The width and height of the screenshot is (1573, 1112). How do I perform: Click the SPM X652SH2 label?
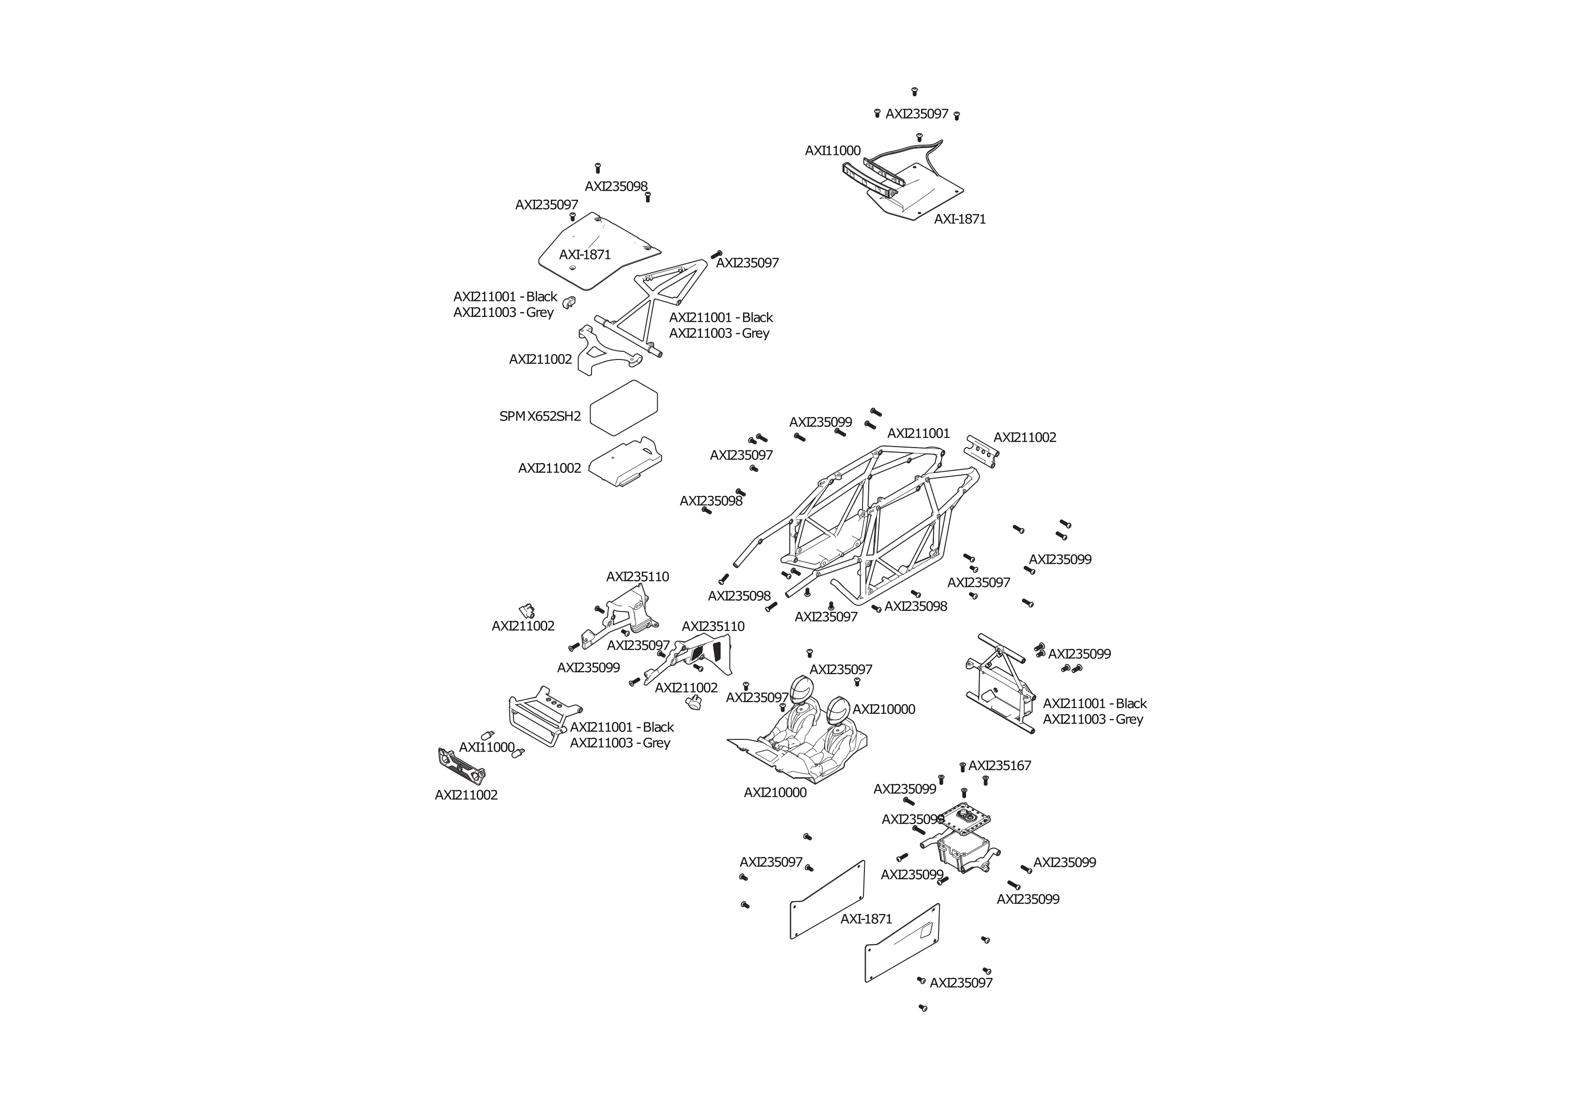click(x=540, y=416)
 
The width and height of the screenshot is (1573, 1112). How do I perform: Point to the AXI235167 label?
click(x=999, y=766)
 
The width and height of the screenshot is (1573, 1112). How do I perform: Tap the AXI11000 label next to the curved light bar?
click(x=832, y=150)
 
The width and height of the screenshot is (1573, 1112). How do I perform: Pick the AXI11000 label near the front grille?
click(x=486, y=747)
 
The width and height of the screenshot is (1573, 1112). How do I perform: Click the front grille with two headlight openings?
click(x=462, y=766)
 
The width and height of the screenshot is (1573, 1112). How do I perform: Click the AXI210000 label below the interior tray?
click(x=775, y=792)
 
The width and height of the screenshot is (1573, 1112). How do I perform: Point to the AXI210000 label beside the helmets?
click(x=883, y=709)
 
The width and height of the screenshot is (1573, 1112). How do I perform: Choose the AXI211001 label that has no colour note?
click(x=918, y=433)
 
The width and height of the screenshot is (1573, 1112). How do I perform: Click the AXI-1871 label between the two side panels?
click(x=866, y=919)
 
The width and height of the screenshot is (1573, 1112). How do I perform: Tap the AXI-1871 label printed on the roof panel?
click(x=584, y=254)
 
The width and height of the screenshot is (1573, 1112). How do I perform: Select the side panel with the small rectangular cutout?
click(x=902, y=943)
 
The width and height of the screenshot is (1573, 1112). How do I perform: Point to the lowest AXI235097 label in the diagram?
click(x=961, y=982)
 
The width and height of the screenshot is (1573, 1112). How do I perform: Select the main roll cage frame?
click(x=856, y=527)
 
